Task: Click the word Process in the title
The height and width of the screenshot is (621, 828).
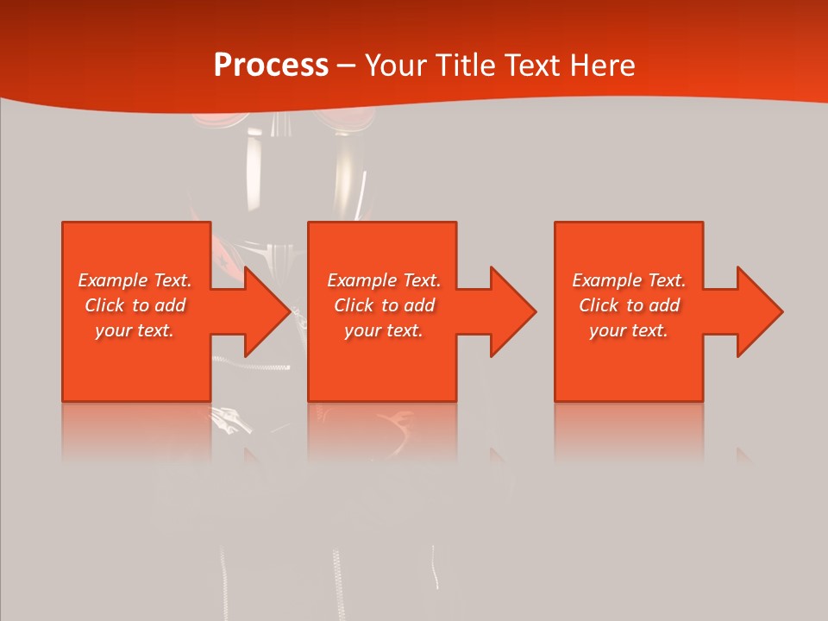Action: click(271, 66)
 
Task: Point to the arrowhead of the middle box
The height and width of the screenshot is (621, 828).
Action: click(511, 311)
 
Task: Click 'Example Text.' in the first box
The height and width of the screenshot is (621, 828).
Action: click(135, 280)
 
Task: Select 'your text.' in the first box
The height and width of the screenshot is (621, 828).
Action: click(135, 330)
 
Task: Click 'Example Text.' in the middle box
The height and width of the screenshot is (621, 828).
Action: click(384, 280)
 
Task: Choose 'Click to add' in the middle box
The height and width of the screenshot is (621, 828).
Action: click(384, 305)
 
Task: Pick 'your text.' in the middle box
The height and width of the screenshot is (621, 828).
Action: click(384, 330)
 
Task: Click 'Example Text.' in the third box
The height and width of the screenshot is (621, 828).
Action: click(629, 280)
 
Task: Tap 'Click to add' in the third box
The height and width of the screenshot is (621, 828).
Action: click(629, 305)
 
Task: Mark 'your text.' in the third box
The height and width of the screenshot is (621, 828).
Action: click(629, 330)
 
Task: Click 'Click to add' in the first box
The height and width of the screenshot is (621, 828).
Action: click(135, 305)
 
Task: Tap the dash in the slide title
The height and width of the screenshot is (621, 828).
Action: click(346, 66)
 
